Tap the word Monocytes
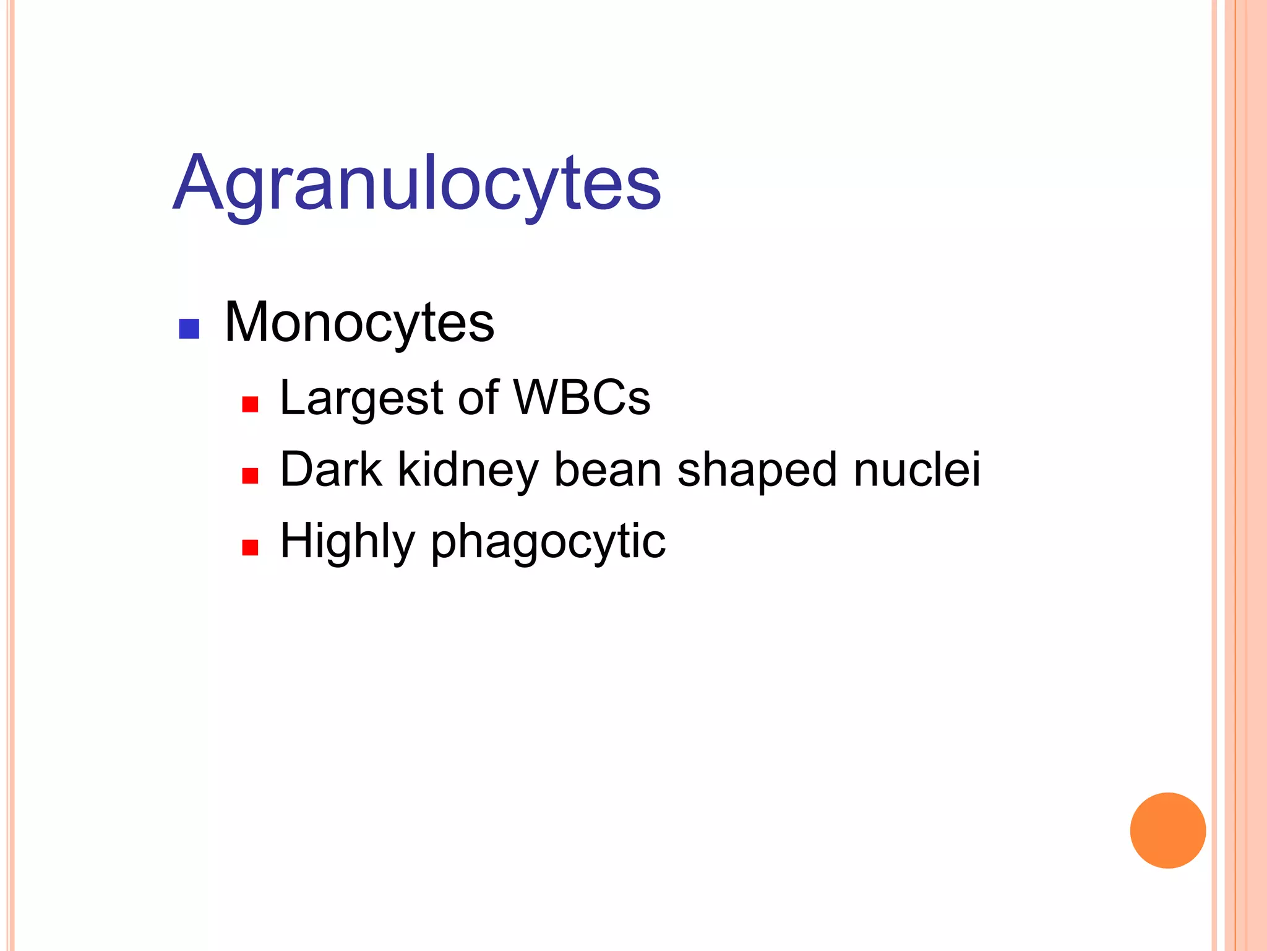pyautogui.click(x=359, y=323)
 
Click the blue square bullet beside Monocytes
pyautogui.click(x=189, y=329)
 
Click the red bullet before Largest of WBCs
pyautogui.click(x=250, y=404)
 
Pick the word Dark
pyautogui.click(x=331, y=469)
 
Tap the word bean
pyautogui.click(x=608, y=469)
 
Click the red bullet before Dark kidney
pyautogui.click(x=250, y=475)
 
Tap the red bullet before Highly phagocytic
pyautogui.click(x=250, y=547)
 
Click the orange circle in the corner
pyautogui.click(x=1167, y=830)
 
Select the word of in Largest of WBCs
pyautogui.click(x=478, y=397)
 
